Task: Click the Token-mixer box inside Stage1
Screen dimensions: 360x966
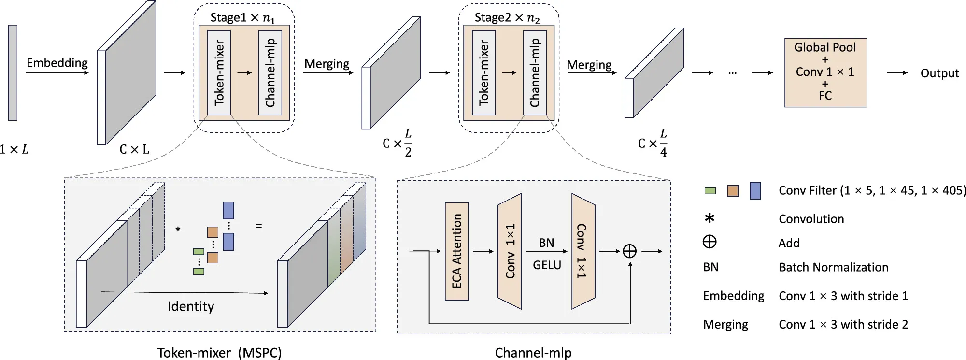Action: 219,72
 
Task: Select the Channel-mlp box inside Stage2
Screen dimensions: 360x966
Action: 535,72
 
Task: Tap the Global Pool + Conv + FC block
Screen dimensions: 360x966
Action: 825,72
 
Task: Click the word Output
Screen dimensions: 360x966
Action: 939,73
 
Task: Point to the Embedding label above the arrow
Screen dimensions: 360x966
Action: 57,63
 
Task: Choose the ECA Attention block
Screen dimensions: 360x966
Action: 456,251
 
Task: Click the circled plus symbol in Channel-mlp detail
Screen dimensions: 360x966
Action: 629,251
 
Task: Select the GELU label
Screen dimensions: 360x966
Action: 547,265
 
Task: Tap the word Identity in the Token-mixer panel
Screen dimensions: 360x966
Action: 190,306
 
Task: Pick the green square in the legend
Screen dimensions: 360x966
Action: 710,191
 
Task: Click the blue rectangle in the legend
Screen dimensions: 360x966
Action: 755,191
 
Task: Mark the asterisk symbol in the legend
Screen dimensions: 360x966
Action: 709,218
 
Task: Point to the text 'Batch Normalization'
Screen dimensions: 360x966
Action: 833,267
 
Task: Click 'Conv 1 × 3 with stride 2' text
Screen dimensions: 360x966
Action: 843,324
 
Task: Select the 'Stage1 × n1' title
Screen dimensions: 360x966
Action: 242,18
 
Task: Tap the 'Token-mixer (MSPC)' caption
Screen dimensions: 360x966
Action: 219,353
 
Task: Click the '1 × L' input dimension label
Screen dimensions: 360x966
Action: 14,149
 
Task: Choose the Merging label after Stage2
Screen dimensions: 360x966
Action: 589,65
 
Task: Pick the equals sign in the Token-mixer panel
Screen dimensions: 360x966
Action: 259,226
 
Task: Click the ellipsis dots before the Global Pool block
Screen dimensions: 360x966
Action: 732,73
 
